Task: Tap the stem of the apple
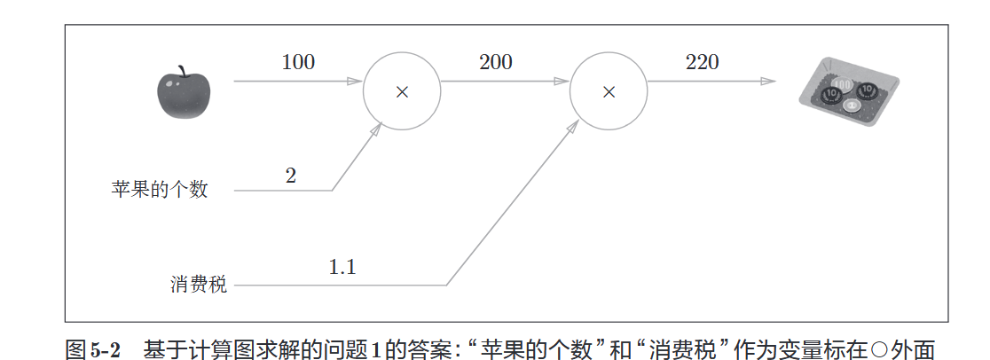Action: [184, 69]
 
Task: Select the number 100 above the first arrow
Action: [298, 62]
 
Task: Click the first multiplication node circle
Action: [402, 91]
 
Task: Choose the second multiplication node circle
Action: [608, 91]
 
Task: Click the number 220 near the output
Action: [702, 62]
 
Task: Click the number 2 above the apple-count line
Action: [291, 175]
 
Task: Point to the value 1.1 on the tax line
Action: [342, 268]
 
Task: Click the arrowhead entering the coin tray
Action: [768, 82]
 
